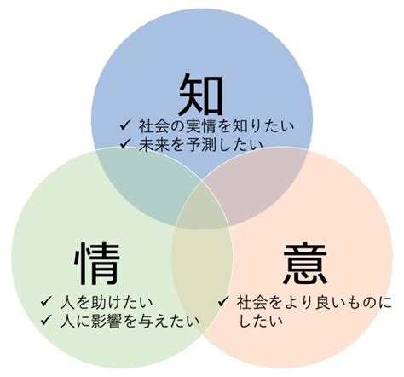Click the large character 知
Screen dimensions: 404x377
(x=201, y=94)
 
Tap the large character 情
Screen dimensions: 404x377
(x=97, y=264)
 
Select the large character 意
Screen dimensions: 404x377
(x=306, y=264)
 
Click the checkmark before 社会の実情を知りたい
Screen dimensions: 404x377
(x=125, y=125)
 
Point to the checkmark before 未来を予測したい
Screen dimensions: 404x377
(x=125, y=144)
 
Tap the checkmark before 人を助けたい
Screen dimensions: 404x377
(x=46, y=301)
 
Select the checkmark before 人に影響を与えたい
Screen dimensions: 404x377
(x=46, y=321)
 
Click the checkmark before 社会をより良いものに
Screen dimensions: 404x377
(x=223, y=301)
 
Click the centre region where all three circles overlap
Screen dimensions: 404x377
(x=202, y=206)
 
